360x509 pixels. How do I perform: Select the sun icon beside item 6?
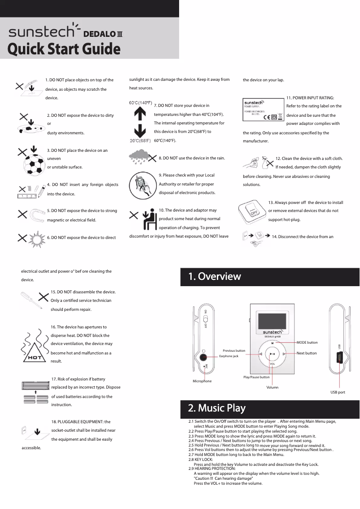35,239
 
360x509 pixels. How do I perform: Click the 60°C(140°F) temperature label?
140,103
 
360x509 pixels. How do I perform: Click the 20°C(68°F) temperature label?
140,141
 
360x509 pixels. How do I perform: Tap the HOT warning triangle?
35,352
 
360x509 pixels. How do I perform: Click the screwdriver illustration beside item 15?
30,299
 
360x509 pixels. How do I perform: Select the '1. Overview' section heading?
215,276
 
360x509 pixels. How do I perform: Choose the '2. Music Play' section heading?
217,408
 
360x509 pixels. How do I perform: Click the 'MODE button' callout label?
307,343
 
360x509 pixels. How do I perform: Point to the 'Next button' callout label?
307,353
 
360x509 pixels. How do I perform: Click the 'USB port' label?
338,392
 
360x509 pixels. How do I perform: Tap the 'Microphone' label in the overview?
202,381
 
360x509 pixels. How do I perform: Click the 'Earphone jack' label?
228,356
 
